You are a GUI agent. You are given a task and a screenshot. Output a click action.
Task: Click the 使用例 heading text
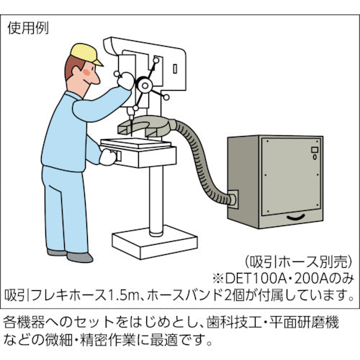pyautogui.click(x=28, y=30)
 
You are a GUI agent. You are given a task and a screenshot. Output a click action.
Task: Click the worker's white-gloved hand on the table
pyautogui.click(x=107, y=157)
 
